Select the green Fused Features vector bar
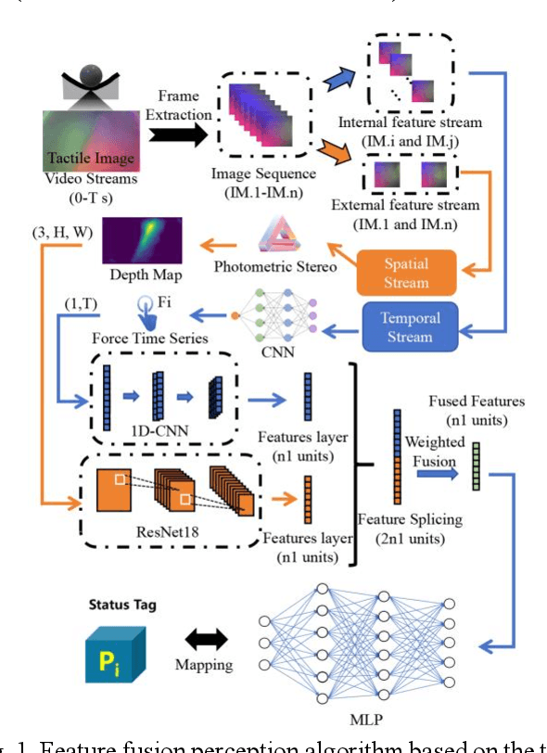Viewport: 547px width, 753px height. (476, 466)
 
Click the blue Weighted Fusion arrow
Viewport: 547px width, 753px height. (436, 473)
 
